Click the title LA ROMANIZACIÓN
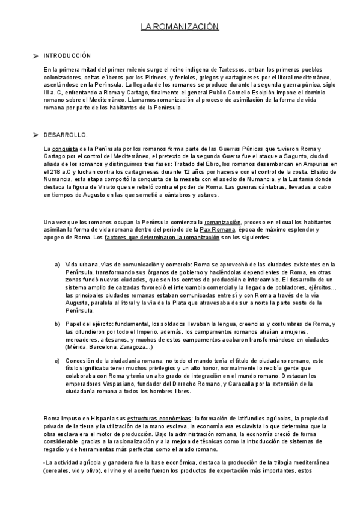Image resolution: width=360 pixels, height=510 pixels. [180, 27]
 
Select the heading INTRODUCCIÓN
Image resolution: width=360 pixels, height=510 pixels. [67, 55]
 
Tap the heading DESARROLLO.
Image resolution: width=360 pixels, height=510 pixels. [65, 134]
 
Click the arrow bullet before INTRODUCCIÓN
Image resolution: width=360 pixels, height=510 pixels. [35, 56]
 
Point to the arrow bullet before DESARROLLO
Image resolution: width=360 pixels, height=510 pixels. [35, 134]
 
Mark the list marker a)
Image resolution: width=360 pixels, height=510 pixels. [58, 265]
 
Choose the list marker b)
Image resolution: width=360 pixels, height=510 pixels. [58, 325]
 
